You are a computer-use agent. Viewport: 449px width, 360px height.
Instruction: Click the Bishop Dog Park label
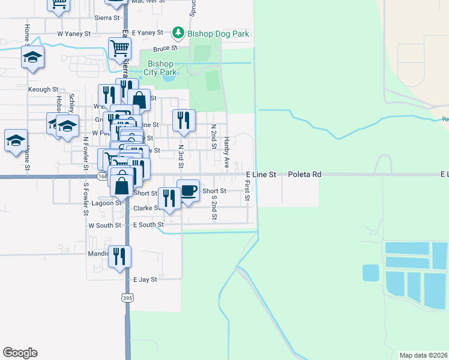[x=218, y=34]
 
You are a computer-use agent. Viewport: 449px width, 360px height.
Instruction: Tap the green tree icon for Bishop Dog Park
[x=178, y=33]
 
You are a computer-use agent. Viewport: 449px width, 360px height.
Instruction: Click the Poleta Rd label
[x=304, y=175]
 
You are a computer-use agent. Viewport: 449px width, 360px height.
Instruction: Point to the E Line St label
[x=261, y=175]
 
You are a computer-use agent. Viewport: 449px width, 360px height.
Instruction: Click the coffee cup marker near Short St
[x=188, y=191]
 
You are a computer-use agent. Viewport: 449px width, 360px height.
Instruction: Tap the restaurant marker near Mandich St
[x=119, y=256]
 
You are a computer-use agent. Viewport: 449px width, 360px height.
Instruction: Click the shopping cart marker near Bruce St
[x=119, y=48]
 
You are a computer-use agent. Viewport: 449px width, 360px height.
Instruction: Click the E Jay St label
[x=145, y=280]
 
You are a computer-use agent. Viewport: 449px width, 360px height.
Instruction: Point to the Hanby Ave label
[x=227, y=151]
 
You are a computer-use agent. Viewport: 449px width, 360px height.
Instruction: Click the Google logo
[x=20, y=353]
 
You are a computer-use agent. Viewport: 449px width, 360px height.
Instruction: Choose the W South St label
[x=104, y=226]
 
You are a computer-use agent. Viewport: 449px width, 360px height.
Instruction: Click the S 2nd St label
[x=214, y=206]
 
